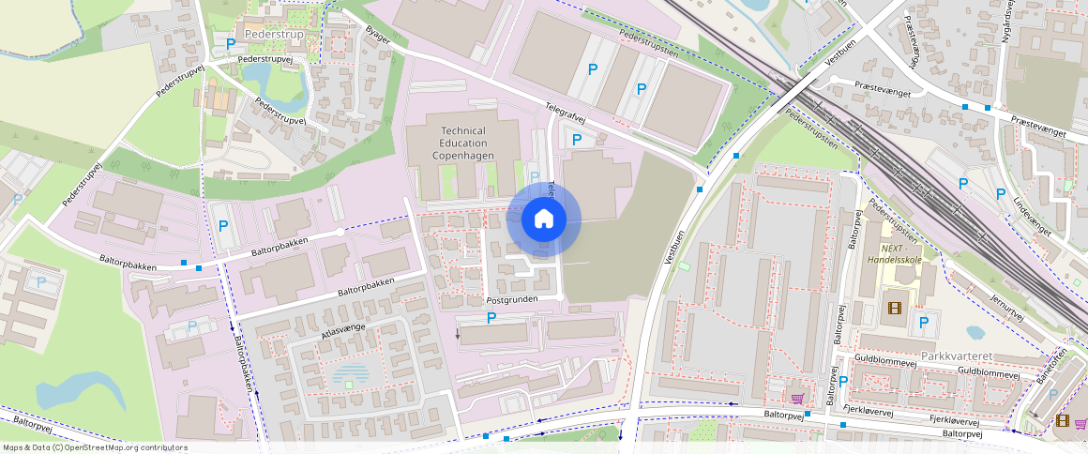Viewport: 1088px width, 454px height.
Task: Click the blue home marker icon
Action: click(543, 220)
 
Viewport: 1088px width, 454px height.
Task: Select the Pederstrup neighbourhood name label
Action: click(268, 34)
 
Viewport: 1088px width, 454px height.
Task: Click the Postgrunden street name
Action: click(511, 299)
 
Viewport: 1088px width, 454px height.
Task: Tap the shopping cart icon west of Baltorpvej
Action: click(797, 398)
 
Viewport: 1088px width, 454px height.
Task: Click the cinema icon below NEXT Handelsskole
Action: click(893, 308)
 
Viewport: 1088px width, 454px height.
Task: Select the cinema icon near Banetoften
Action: click(1062, 420)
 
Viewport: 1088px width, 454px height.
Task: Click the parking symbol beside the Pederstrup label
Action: click(230, 43)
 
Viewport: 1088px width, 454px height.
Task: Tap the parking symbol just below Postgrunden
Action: click(491, 319)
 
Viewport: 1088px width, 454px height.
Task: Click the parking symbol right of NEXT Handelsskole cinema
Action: click(924, 323)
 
